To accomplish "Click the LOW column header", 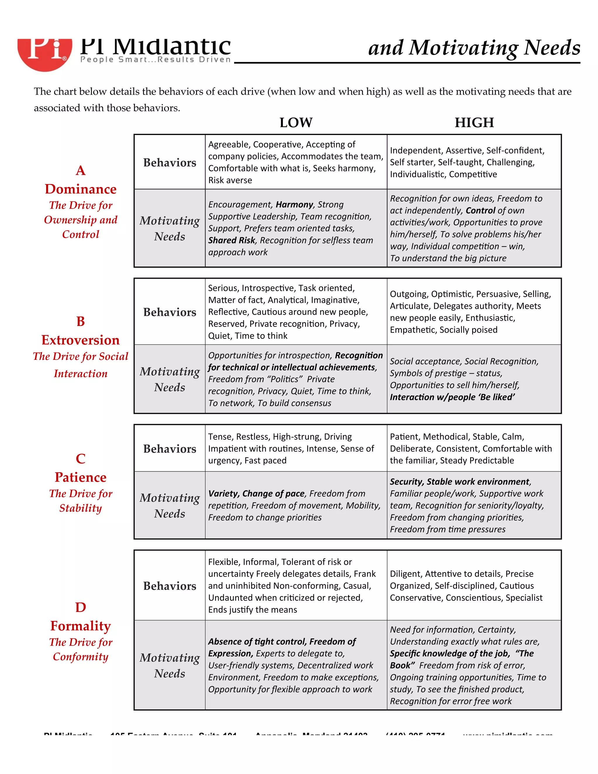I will tap(296, 123).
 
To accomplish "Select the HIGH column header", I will tap(474, 123).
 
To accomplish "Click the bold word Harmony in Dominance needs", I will tap(294, 204).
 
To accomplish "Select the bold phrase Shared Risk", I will tap(232, 240).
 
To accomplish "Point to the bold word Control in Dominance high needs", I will tap(480, 211).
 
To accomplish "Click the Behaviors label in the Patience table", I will tap(169, 449).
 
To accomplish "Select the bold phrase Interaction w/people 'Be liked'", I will tap(452, 397).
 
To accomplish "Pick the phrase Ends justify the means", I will tap(252, 610).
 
